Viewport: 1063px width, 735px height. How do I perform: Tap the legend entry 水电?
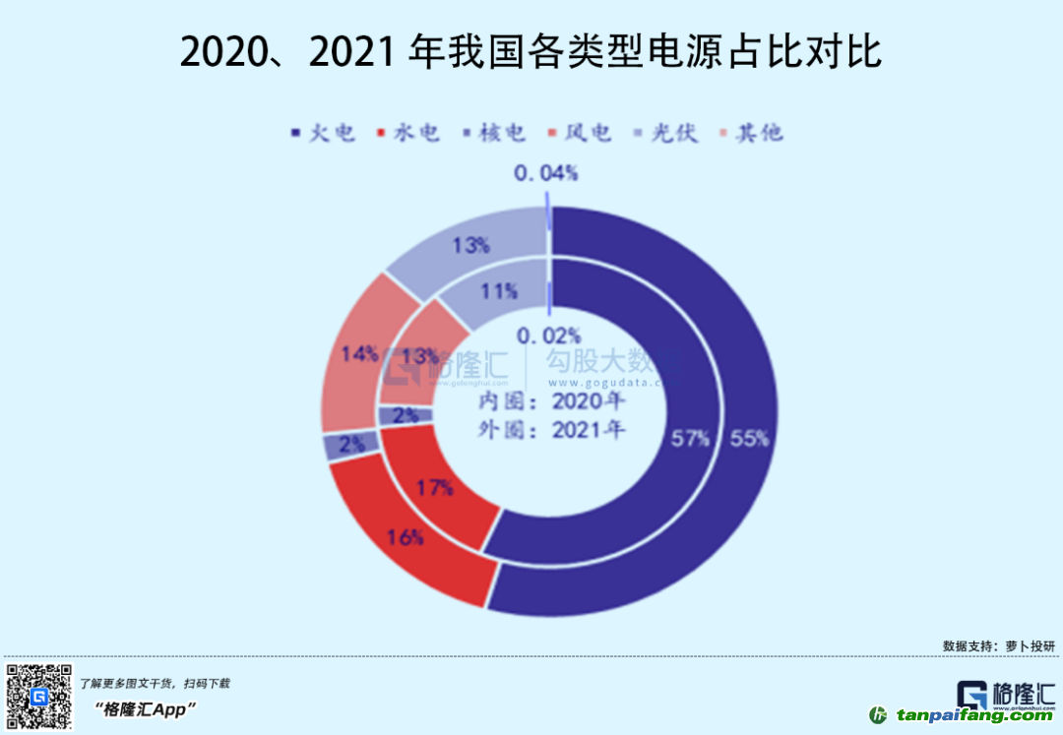tap(407, 133)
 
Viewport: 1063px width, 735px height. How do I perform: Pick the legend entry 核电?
tap(491, 133)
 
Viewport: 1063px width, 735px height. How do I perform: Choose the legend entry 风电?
tap(578, 133)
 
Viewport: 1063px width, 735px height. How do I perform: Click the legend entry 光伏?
tap(664, 133)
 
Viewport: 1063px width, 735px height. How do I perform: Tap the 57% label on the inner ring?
tap(690, 440)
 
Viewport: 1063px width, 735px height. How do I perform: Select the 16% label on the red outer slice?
tap(405, 537)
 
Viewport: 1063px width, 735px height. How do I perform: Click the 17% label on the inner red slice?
tap(434, 487)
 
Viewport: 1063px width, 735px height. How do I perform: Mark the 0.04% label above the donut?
tap(545, 174)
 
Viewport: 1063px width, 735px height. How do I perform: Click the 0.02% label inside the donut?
tap(550, 336)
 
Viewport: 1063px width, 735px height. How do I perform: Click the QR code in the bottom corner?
tap(37, 697)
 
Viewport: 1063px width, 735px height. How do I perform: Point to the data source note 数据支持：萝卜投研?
tap(997, 646)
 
